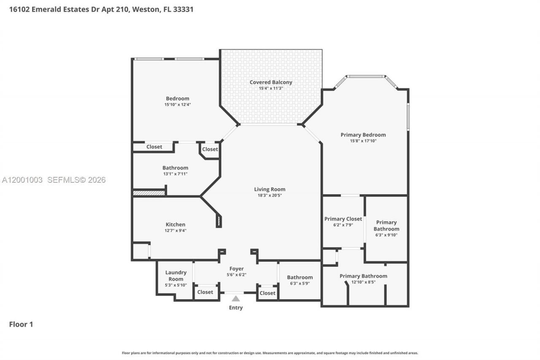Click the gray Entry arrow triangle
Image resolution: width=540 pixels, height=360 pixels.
tap(236, 298)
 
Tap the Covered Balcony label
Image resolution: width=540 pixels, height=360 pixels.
tap(270, 82)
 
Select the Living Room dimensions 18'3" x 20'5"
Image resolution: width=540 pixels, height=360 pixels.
tap(270, 195)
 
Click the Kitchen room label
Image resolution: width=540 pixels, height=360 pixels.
tap(175, 225)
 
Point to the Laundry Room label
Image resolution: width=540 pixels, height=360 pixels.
tap(176, 276)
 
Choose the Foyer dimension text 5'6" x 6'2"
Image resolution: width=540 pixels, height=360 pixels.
tap(236, 275)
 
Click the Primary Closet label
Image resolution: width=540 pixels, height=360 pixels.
tap(343, 219)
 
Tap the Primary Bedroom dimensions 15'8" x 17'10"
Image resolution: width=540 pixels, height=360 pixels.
tap(363, 141)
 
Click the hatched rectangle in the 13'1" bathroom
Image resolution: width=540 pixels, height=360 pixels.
tap(148, 193)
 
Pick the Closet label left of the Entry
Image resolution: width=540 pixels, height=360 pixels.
tap(205, 292)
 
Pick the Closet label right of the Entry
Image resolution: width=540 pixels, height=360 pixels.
tap(267, 293)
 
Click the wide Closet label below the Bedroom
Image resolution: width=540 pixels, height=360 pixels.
tap(154, 147)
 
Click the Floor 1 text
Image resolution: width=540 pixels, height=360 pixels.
tap(21, 324)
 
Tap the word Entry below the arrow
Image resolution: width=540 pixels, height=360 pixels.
tap(236, 308)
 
